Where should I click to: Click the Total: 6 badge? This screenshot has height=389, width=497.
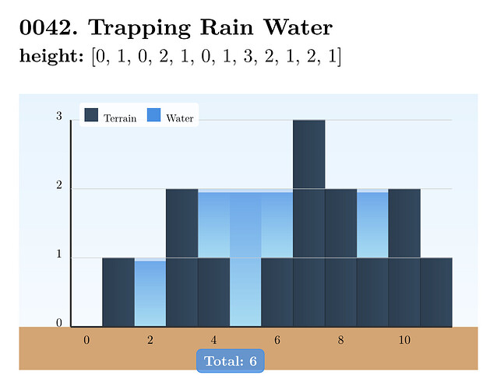(230, 361)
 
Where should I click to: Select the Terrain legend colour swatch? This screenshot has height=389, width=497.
(92, 115)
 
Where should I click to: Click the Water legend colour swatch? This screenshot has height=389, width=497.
(153, 115)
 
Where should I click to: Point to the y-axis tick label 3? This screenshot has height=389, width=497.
(59, 117)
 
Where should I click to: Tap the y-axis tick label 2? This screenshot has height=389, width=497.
(59, 186)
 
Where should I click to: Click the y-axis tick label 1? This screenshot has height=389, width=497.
(59, 255)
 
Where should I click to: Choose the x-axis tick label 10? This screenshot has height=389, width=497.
(404, 340)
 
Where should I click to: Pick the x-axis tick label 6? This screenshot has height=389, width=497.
(277, 340)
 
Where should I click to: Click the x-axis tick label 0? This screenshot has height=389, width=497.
(86, 340)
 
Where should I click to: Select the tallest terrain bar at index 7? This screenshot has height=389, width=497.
(309, 223)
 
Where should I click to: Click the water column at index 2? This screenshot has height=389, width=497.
(150, 293)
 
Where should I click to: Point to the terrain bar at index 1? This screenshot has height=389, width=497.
(118, 292)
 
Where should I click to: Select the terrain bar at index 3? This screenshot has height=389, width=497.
(182, 258)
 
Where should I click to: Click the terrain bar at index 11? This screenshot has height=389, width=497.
(436, 292)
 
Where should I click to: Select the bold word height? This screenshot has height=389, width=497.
(50, 57)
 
